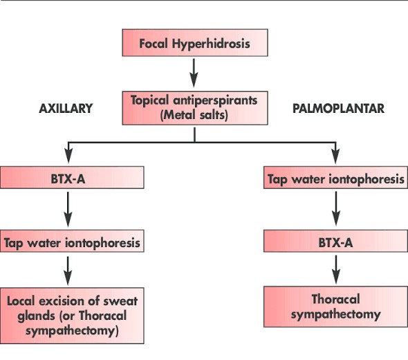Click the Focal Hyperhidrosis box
(194, 44)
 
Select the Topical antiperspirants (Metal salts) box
(194, 107)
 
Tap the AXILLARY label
(66, 109)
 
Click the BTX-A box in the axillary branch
(72, 178)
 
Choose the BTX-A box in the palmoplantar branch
(335, 242)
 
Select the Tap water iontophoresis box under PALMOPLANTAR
(335, 179)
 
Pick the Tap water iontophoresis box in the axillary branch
(72, 243)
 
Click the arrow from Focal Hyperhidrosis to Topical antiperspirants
(194, 71)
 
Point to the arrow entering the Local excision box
(68, 269)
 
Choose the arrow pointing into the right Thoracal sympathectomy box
(335, 269)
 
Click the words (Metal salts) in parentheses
(194, 114)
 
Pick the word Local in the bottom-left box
(22, 301)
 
